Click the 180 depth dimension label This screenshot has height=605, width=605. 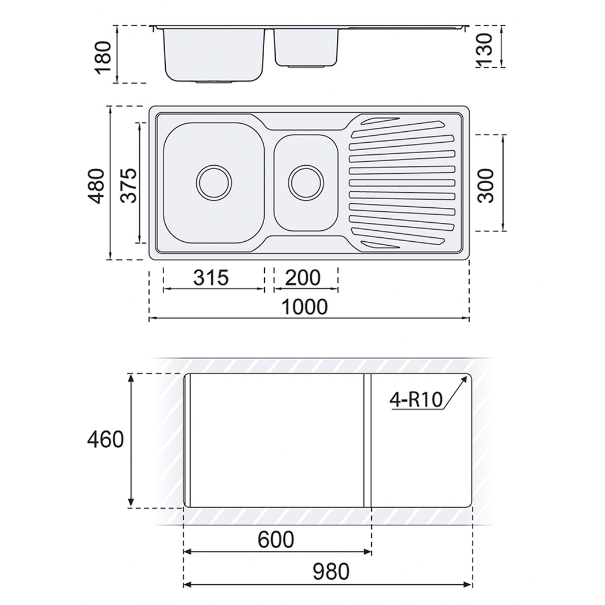click(103, 56)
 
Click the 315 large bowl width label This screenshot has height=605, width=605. click(211, 277)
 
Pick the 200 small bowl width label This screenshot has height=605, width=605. click(303, 277)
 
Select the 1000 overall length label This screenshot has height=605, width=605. click(305, 307)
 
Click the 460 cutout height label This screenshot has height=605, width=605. click(105, 440)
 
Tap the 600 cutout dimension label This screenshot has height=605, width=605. click(276, 540)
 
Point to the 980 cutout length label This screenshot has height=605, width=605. click(331, 572)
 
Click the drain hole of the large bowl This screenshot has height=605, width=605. click(214, 182)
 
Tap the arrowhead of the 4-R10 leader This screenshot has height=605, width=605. click(463, 379)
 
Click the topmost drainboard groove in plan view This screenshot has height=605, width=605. click(377, 121)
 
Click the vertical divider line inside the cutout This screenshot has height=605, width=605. click(364, 440)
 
